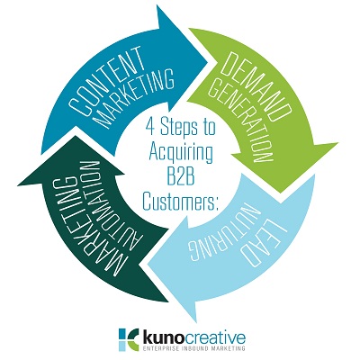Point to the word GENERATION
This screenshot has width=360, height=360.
pyautogui.click(x=239, y=119)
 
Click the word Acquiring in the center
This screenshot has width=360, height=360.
pyautogui.click(x=181, y=153)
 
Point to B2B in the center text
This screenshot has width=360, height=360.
pyautogui.click(x=180, y=177)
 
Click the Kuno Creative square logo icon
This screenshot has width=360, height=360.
pyautogui.click(x=129, y=338)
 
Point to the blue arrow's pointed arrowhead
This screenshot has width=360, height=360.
pyautogui.click(x=207, y=62)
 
